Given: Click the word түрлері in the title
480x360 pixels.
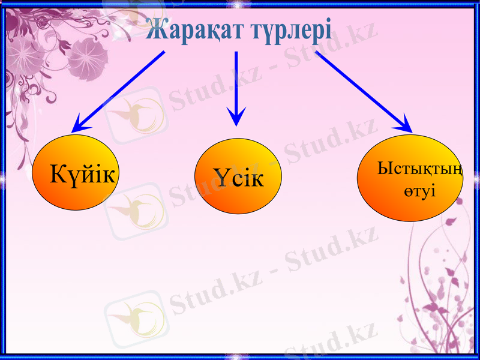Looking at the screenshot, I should (x=290, y=29).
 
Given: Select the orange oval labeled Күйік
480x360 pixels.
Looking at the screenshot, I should (x=74, y=172).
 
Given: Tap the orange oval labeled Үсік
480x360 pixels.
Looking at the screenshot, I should (x=239, y=176).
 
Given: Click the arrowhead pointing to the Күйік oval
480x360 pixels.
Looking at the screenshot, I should (x=78, y=127).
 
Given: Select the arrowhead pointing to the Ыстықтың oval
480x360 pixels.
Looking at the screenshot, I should (x=406, y=125).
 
